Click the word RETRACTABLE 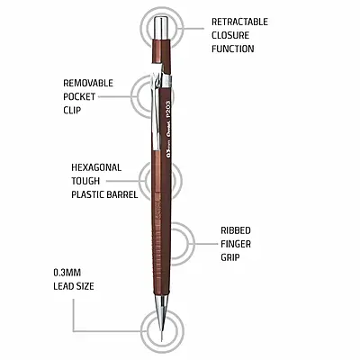(239, 22)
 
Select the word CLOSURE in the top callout (230, 35)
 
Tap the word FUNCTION (232, 49)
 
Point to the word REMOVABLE (88, 83)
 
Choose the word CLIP (72, 110)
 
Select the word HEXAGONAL (96, 167)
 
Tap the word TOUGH (85, 181)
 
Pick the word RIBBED (236, 230)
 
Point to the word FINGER (236, 244)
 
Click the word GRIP (230, 257)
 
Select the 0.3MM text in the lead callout (67, 273)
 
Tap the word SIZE (85, 286)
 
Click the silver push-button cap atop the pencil (162, 28)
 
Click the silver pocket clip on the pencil (157, 111)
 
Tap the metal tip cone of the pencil (161, 304)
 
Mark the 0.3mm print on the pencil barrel (168, 150)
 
